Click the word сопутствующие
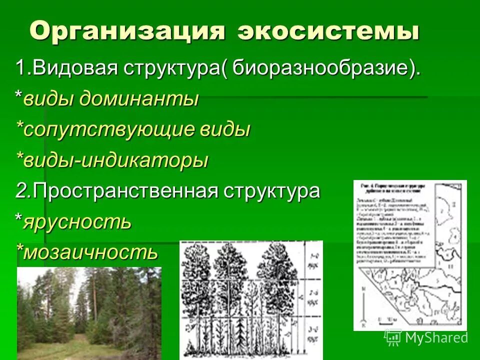tap(108, 129)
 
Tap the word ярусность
tap(77, 221)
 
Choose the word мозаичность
tap(90, 252)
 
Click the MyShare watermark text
tap(436, 337)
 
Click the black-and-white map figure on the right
tap(409, 255)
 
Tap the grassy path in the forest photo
tap(70, 345)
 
